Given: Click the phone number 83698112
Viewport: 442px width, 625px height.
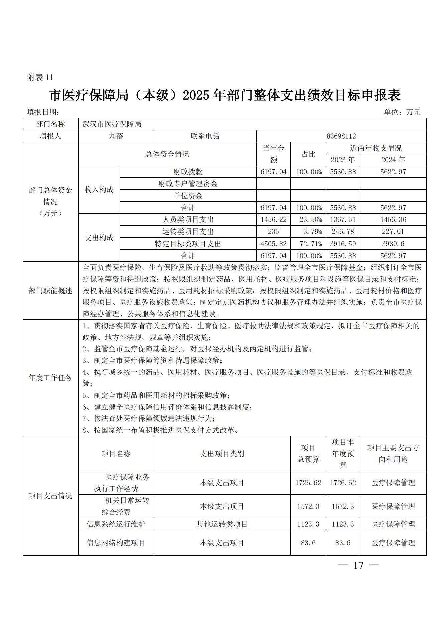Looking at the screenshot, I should pos(341,136).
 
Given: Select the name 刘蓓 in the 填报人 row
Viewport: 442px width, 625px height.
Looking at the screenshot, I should pos(116,136).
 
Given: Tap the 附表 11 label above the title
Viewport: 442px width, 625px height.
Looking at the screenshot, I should pos(40,77).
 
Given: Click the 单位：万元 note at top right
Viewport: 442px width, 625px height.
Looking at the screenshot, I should pos(402,112).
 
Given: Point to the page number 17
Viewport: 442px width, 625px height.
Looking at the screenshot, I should pos(358,565).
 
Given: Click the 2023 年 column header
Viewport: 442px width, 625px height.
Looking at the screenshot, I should pos(343,160).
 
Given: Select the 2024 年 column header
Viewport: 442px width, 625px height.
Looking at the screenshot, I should pos(393,160).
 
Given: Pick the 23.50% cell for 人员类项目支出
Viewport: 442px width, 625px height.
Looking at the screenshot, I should pos(308,220).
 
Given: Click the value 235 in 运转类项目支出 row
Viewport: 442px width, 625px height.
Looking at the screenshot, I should pos(273,232).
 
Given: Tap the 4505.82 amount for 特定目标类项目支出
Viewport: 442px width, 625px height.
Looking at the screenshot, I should pos(273,244).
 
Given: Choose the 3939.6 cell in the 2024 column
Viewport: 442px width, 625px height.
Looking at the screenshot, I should pos(393,244).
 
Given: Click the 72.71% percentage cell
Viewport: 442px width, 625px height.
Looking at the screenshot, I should pos(308,244).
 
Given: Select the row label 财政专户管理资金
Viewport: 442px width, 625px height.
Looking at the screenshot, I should pos(188,184).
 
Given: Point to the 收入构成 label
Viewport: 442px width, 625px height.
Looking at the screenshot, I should pos(99,190).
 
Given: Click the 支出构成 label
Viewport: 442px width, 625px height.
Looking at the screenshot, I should pos(99,238).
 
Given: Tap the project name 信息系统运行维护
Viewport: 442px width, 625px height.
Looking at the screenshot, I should pos(116,524).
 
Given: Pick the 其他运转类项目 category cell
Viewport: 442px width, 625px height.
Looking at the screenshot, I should pos(222,524).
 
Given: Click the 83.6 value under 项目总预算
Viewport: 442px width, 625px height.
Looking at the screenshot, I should pos(308,543).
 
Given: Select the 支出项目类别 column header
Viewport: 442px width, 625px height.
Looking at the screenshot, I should pos(222,454).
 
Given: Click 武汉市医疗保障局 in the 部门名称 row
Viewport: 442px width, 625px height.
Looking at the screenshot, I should pos(112,124).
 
